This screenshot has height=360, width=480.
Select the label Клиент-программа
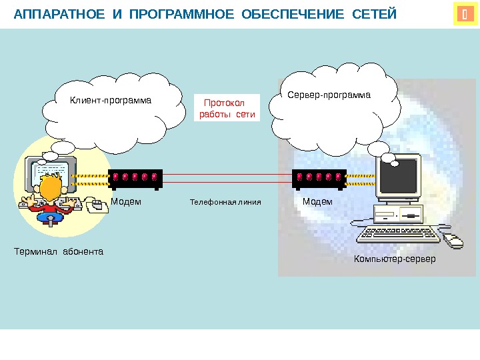(111, 101)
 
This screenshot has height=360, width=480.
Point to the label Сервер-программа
(329, 95)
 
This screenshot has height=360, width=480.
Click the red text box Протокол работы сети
(228, 109)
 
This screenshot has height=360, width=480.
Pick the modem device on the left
(135, 178)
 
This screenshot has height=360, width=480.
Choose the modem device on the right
(319, 178)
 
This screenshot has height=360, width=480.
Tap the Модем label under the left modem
(126, 201)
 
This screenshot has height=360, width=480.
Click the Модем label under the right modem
(317, 201)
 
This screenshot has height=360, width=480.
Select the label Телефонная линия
(225, 201)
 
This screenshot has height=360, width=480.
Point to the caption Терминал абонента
(59, 252)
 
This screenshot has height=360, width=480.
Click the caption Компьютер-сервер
(395, 258)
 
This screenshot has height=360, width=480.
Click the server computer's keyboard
(398, 234)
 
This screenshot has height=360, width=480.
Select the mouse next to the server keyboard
(453, 241)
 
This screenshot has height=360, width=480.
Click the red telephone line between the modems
(227, 178)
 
